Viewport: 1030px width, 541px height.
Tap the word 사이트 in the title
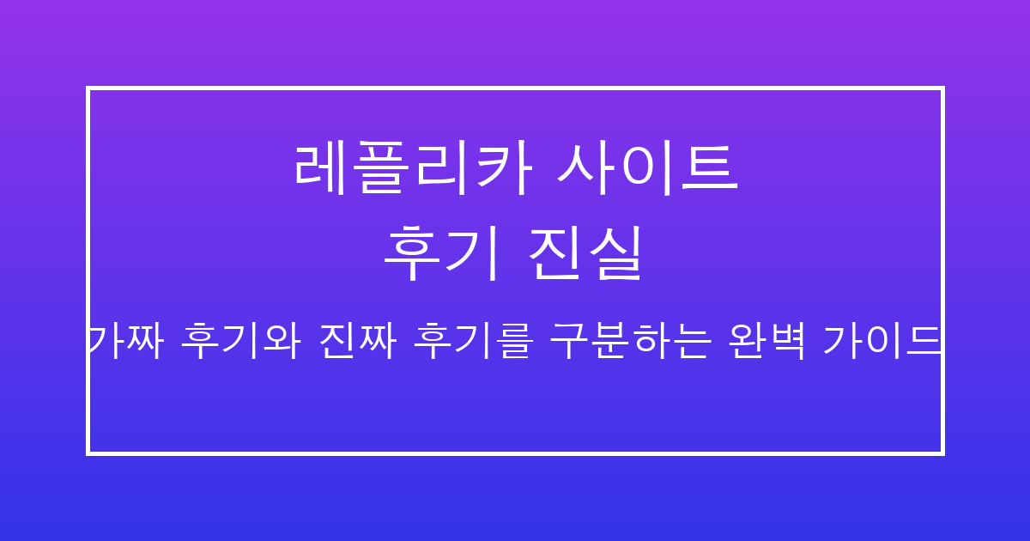647,167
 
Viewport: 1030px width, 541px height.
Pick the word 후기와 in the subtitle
240,342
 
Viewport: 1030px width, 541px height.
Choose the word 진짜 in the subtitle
355,342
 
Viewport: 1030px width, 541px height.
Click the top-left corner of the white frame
88,88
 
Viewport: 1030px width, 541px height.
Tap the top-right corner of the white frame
942,88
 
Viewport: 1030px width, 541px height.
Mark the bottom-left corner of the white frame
88,452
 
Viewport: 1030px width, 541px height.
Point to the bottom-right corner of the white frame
942,452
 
